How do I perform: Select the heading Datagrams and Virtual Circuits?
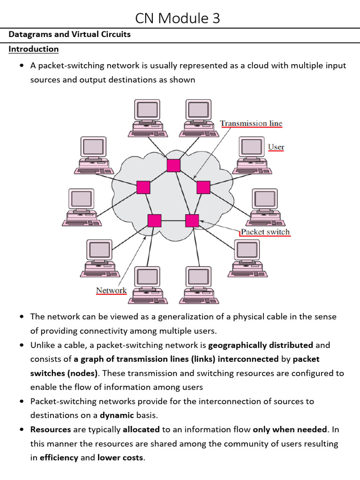pyautogui.click(x=69, y=34)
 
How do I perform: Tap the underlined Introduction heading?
pyautogui.click(x=34, y=49)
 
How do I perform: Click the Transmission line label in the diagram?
pyautogui.click(x=251, y=123)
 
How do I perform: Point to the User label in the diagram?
pyautogui.click(x=276, y=147)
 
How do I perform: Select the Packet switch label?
pyautogui.click(x=265, y=232)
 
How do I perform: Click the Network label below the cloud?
pyautogui.click(x=111, y=291)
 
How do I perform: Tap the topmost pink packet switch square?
pyautogui.click(x=173, y=165)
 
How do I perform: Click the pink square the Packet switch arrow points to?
pyautogui.click(x=192, y=220)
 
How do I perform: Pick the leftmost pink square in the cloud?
pyautogui.click(x=143, y=187)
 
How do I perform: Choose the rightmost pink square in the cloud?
pyautogui.click(x=203, y=187)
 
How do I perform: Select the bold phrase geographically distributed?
pyautogui.click(x=261, y=345)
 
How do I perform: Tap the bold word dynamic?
pyautogui.click(x=117, y=415)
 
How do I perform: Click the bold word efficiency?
pyautogui.click(x=59, y=457)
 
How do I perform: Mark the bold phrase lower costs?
pyautogui.click(x=120, y=457)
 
